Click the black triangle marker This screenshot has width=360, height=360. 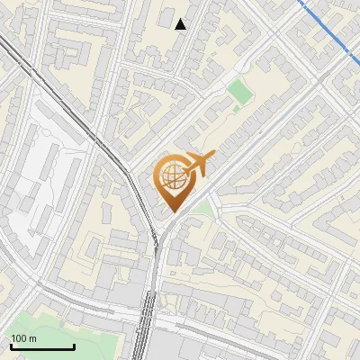(x=181, y=24)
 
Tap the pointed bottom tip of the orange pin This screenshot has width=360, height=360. (x=172, y=212)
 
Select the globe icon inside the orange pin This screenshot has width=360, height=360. (x=171, y=176)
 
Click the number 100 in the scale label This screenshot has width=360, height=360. (x=19, y=338)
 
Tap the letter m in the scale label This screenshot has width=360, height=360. (x=32, y=338)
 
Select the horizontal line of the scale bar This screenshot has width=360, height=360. (x=41, y=347)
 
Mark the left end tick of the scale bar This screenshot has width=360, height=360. (x=10, y=345)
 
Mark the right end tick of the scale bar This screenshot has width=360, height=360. (x=74, y=345)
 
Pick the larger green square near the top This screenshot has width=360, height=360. (x=238, y=91)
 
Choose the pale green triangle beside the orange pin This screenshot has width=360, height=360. (x=204, y=209)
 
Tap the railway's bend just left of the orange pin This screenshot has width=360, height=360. (x=135, y=180)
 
